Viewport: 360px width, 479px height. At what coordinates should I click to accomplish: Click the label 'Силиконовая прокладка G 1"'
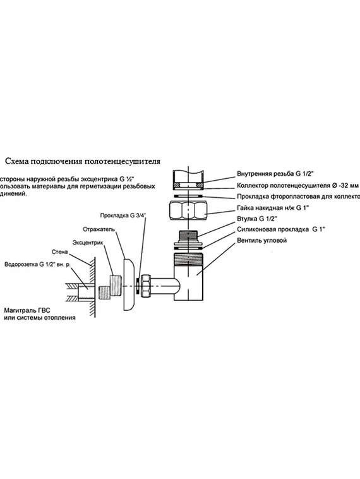click(x=283, y=230)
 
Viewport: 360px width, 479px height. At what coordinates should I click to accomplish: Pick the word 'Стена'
click(x=59, y=252)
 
